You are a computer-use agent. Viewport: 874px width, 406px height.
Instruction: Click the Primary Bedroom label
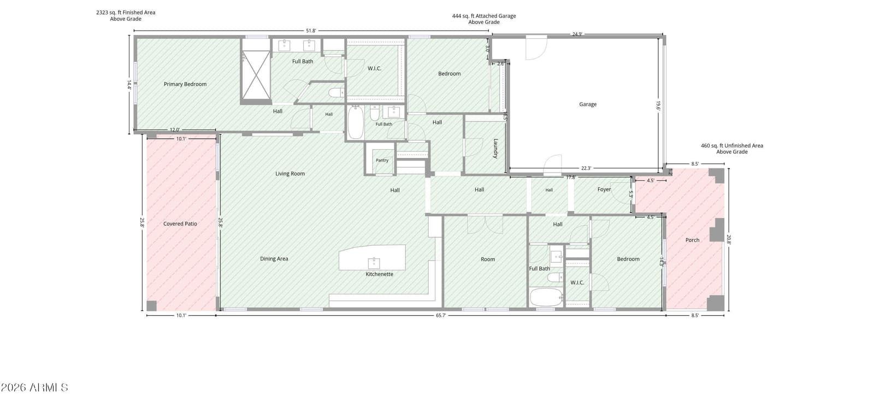coord(185,84)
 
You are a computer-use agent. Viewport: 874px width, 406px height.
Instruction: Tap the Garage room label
coord(588,104)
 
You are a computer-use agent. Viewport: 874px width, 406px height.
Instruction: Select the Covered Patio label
coord(180,223)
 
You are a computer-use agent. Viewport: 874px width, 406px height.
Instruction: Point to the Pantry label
coord(382,160)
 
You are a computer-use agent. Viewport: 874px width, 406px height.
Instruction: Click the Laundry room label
coord(495,148)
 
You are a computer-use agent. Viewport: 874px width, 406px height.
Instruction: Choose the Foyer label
coord(604,189)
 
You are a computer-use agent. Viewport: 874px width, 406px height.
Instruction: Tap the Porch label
coord(692,240)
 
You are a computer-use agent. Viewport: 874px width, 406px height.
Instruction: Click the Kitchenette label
coord(379,274)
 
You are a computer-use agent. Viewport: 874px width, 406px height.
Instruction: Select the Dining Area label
coord(274,258)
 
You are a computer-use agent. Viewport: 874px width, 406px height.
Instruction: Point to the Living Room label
coord(290,174)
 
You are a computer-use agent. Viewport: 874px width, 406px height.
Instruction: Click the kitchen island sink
coord(374,263)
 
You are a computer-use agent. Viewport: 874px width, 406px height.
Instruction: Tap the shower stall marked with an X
coord(256,75)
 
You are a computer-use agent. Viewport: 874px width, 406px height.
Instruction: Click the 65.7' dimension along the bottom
coord(440,315)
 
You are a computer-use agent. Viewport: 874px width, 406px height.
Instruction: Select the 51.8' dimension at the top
coord(311,31)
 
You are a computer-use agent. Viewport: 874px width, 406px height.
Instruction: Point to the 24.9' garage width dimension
coord(577,34)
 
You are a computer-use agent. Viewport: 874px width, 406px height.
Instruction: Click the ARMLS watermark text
coord(34,387)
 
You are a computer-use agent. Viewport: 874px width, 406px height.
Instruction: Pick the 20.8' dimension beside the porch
coord(729,239)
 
